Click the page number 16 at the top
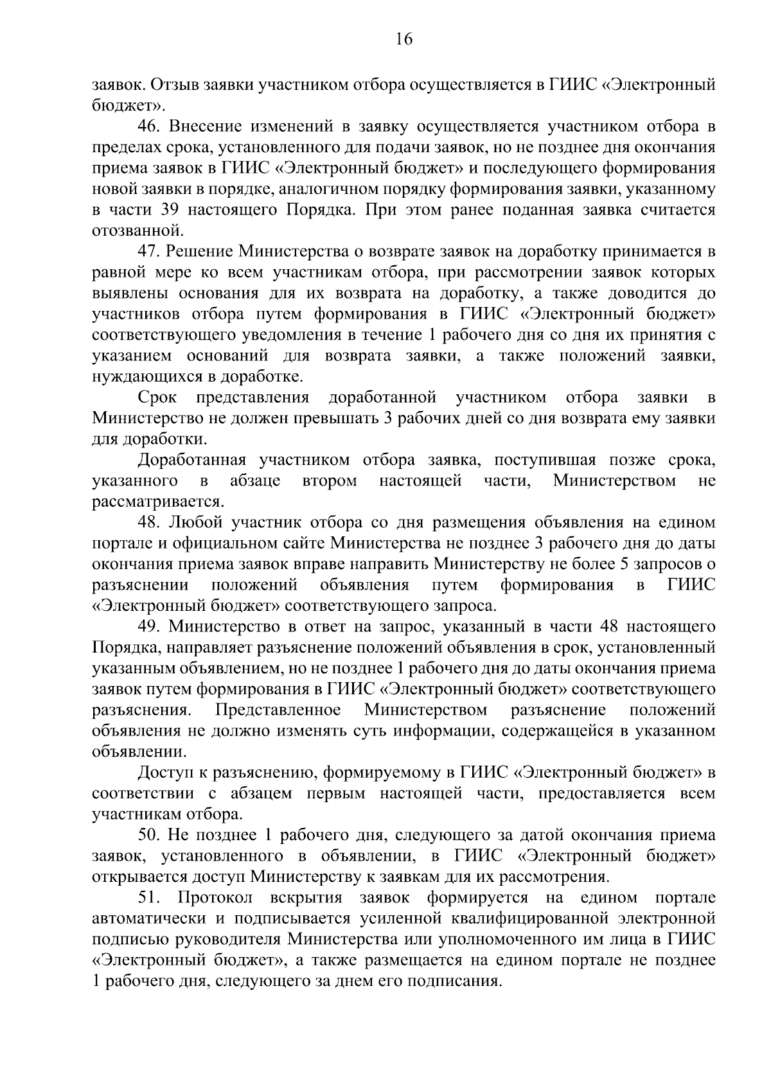tap(403, 40)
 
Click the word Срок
tap(157, 398)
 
